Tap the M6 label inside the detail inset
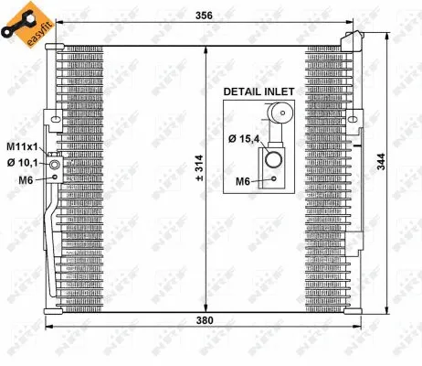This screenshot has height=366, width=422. (243, 181)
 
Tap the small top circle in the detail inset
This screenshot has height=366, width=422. (278, 115)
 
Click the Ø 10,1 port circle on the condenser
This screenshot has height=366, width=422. (55, 165)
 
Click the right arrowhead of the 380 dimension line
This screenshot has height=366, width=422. (372, 328)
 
